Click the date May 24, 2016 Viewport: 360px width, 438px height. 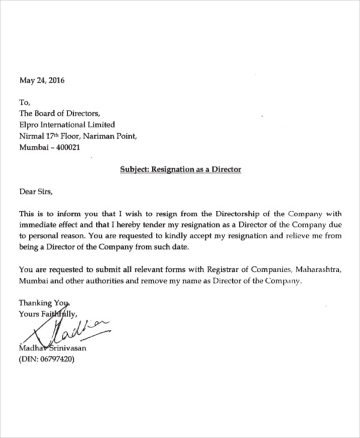(42, 80)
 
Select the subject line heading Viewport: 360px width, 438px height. (180, 170)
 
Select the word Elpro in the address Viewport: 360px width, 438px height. (30, 125)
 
